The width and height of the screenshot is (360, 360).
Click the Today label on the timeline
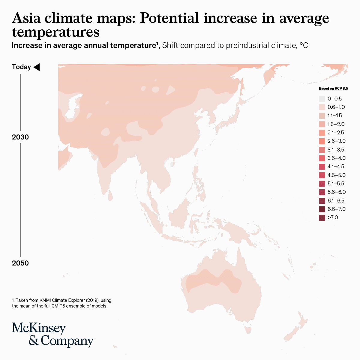(21, 67)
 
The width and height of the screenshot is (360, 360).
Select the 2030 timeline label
(20, 137)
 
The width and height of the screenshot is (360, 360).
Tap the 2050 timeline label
(20, 263)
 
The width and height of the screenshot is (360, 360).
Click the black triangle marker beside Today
(37, 67)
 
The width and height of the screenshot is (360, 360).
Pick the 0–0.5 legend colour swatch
(322, 99)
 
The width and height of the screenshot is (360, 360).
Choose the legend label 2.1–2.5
(336, 133)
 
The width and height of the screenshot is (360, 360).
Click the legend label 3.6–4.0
(336, 158)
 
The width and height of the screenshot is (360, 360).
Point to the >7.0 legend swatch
(322, 217)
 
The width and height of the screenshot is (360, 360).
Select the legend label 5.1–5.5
(336, 184)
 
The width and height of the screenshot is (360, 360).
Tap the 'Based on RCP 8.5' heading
(333, 88)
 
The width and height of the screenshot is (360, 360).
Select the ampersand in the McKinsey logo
(34, 340)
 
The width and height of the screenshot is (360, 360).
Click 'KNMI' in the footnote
(45, 300)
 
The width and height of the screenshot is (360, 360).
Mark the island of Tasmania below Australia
(247, 330)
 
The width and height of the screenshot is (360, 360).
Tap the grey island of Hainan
(172, 164)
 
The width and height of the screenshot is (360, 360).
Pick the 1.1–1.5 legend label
(334, 115)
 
